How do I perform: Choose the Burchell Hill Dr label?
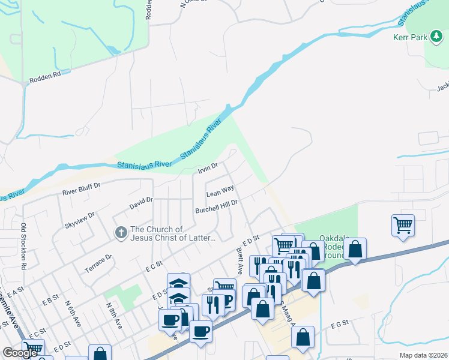point(217,207)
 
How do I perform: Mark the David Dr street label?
point(141,204)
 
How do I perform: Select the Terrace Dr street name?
point(99,263)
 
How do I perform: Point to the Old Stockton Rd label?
point(24,245)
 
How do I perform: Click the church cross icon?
point(121,232)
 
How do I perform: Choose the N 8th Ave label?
point(115,315)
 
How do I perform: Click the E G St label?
point(339,324)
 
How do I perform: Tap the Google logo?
point(20,353)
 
